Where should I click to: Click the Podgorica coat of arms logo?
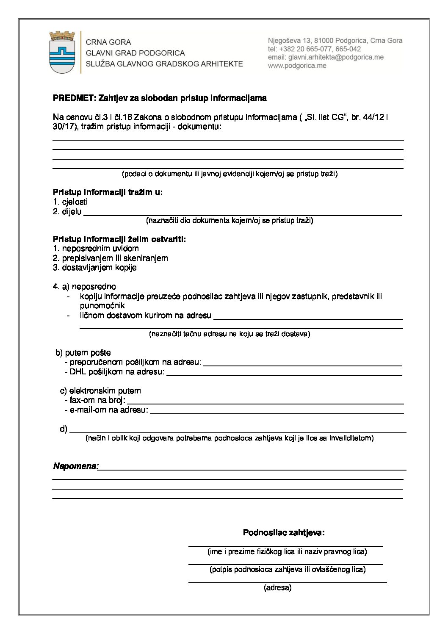point(62,52)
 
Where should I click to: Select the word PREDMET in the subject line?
point(74,98)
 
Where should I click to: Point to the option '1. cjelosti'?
point(70,202)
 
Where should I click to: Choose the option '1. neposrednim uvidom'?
point(96,249)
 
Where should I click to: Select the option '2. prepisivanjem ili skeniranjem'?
point(111,258)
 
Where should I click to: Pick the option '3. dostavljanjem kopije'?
point(95,268)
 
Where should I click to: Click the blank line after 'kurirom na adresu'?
point(309,318)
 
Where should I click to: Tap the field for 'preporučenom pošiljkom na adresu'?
point(302,364)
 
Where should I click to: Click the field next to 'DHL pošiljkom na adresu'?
point(284,374)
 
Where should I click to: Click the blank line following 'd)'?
point(238,431)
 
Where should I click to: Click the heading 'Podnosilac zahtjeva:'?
point(284,533)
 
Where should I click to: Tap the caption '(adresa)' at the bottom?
point(277,588)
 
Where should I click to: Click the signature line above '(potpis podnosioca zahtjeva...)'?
point(285,563)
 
